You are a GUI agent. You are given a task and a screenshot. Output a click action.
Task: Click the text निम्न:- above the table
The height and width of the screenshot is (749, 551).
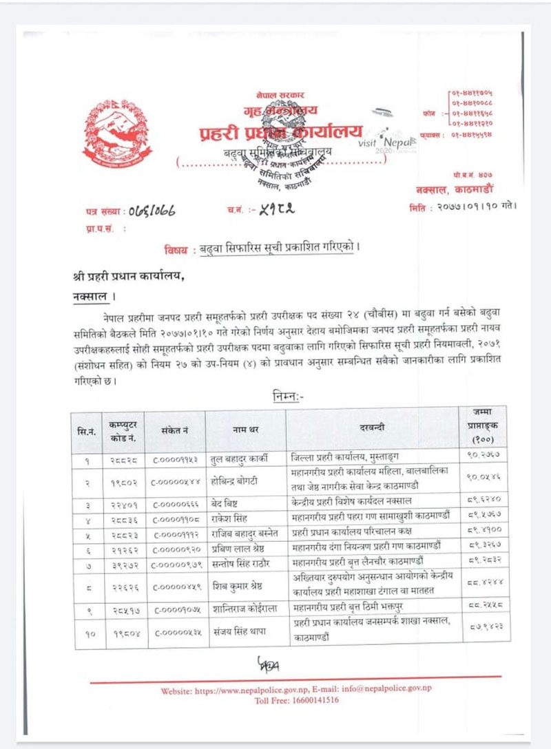293,397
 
